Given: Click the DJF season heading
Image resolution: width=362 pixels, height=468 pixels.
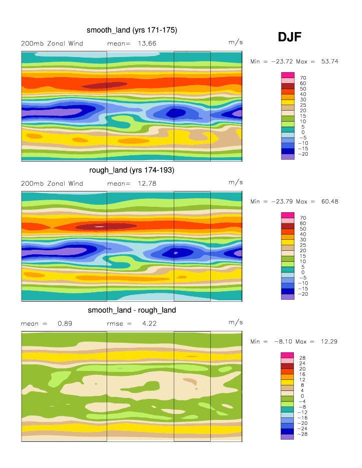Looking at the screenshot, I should (289, 37).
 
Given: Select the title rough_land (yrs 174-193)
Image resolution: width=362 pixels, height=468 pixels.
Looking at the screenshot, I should (132, 170).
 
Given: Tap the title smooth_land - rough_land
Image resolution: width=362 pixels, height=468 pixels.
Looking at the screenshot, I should (132, 310).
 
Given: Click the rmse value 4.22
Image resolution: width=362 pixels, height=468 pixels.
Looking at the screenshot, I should (149, 324).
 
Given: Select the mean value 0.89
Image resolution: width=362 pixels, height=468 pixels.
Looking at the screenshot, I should (65, 324).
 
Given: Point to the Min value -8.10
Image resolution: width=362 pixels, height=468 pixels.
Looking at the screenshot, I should (281, 342).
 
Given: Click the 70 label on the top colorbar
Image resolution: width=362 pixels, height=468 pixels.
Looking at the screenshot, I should (303, 78).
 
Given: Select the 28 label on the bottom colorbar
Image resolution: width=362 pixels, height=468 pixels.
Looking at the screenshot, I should (303, 358).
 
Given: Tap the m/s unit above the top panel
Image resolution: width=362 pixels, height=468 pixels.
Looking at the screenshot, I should (236, 43).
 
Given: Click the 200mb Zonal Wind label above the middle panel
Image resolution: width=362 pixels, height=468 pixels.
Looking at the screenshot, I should (52, 184).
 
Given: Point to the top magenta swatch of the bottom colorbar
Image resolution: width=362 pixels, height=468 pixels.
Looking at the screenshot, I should (287, 355).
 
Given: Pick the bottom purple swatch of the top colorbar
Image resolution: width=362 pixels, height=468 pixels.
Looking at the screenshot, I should (287, 157).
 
